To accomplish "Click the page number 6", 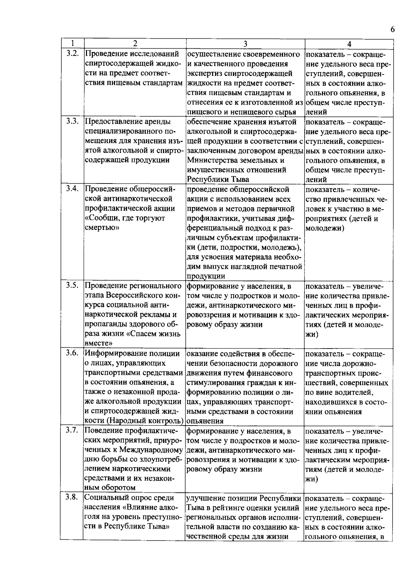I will click(393, 30).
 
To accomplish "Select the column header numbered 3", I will click(245, 44).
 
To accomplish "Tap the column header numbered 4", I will click(349, 44).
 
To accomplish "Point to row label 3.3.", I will click(73, 121).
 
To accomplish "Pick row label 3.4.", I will click(73, 189).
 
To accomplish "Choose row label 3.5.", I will click(73, 286).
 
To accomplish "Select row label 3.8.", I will click(73, 497).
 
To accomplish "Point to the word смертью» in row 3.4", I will click(101, 228).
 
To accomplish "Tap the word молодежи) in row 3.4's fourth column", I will click(324, 228).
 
